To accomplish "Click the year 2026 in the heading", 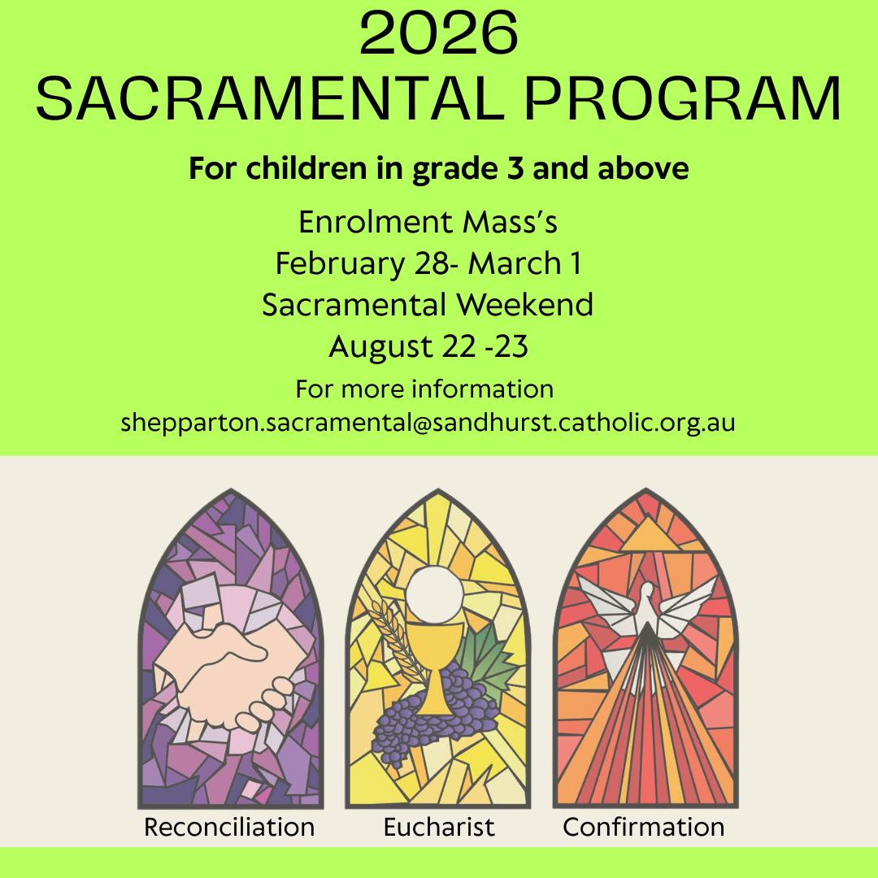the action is pos(438,33).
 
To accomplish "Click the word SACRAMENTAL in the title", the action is pos(270,99).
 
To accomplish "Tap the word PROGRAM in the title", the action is pos(683,99).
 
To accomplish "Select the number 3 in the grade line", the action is pos(515,168).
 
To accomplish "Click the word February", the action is pos(340,264).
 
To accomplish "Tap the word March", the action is pos(515,263).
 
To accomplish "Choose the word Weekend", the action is pos(524,305).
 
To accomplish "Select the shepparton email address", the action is pos(428,423).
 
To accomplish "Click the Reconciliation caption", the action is pos(229,827).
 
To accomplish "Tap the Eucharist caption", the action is pos(439,827).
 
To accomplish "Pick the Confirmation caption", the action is pos(643,827).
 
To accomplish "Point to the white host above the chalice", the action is pos(434,594).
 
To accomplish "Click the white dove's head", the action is pos(647,591).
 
